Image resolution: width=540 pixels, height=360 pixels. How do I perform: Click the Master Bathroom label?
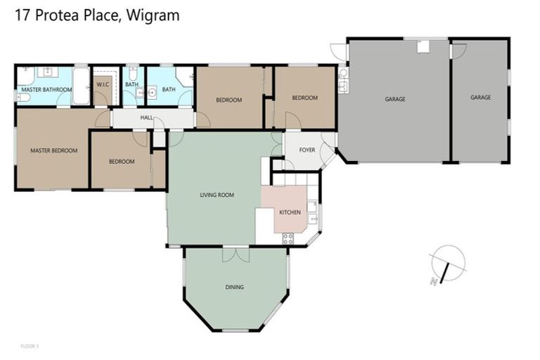coord(46,89)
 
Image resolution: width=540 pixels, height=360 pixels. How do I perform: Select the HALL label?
coord(146,117)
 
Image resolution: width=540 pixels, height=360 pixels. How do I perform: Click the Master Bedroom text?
coord(53,150)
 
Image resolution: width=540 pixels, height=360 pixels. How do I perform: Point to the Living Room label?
coord(217,195)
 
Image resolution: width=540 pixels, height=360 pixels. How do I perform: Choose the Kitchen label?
coord(290,212)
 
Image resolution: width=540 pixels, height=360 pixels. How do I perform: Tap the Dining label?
coord(235,287)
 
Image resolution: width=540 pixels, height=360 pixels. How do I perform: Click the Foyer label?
coord(307,150)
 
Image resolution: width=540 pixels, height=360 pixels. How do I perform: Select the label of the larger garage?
coord(394,99)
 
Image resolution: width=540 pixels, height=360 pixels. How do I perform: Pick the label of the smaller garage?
coord(480,98)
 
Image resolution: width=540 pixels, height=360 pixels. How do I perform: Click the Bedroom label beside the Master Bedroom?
coord(121,162)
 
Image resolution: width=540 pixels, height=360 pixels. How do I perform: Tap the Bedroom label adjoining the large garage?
coord(304,98)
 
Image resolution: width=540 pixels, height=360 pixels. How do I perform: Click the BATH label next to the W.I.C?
coord(131,84)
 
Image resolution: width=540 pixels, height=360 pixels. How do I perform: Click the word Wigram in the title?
coord(153,15)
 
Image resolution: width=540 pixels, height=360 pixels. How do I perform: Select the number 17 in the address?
coord(22,15)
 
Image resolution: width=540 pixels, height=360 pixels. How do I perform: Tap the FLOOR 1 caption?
coord(29,346)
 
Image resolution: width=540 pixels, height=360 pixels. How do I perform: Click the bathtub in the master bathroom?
coord(80,86)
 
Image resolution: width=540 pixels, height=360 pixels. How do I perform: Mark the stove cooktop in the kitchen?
coord(288,238)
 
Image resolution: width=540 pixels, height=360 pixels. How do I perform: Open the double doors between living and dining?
coord(236,253)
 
